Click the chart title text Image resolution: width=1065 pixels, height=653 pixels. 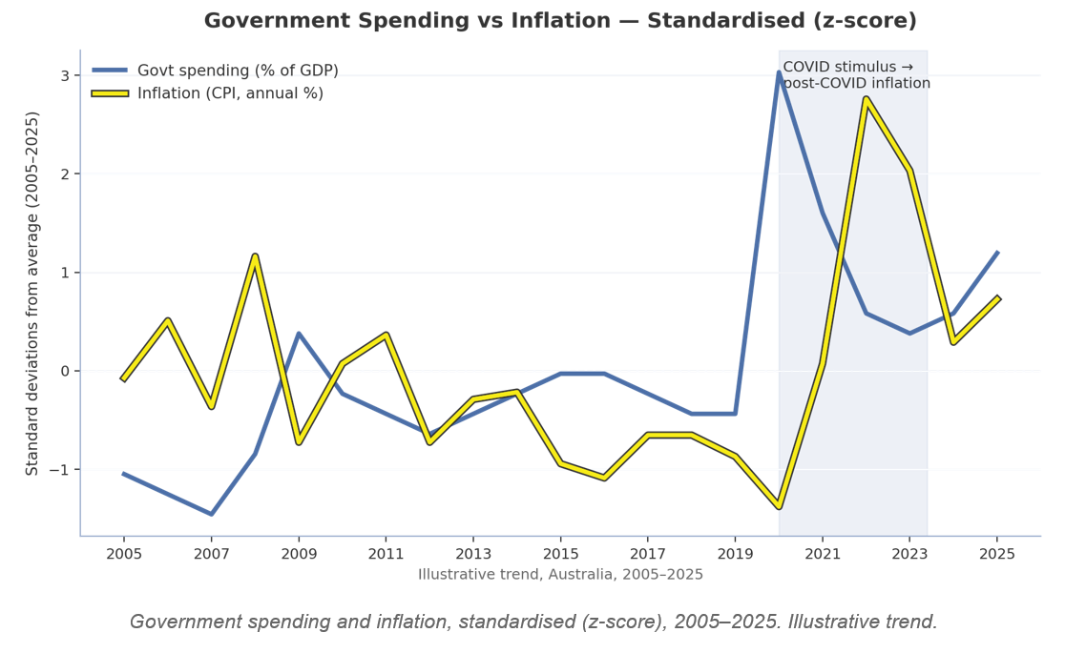pos(560,20)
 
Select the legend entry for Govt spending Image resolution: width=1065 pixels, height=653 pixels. pos(216,71)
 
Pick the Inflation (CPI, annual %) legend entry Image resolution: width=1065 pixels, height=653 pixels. pos(208,93)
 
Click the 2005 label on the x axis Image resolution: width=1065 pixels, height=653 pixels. pos(124,554)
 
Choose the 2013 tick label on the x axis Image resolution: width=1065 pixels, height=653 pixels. pos(473,554)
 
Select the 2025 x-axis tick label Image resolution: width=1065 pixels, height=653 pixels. pos(997,554)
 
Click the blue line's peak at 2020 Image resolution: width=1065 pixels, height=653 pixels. pos(779,72)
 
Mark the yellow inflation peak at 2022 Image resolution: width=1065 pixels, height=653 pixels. pos(866,99)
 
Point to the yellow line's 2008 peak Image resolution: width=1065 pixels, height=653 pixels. pos(256,255)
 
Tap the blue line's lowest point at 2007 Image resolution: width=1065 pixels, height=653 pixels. pos(211,514)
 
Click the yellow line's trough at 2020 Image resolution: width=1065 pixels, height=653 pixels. pos(779,506)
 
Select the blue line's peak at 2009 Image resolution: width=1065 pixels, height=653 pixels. pos(299,334)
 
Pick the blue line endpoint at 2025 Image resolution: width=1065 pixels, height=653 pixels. pos(997,253)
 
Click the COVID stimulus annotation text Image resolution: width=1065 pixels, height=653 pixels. pos(856,75)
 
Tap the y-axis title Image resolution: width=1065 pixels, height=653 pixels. pos(31,294)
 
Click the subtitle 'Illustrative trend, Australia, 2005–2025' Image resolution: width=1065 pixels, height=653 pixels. pos(560,575)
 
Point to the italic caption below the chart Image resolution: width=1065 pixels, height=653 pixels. pos(533,622)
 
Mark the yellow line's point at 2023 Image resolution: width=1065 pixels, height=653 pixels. pos(910,171)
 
